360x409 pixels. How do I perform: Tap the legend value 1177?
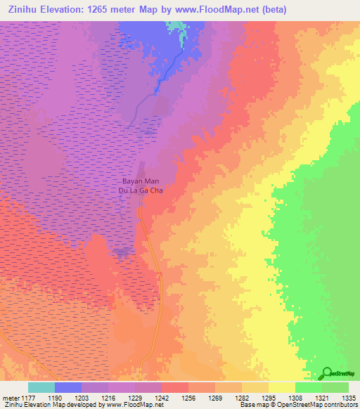point(27,397)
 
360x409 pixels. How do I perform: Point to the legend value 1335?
point(348,397)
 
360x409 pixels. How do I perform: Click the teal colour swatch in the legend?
point(41,387)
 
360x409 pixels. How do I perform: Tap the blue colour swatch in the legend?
point(68,387)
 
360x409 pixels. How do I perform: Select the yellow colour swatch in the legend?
point(282,387)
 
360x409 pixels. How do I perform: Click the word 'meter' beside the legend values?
point(10,397)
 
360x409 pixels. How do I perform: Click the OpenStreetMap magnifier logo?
point(326,373)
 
